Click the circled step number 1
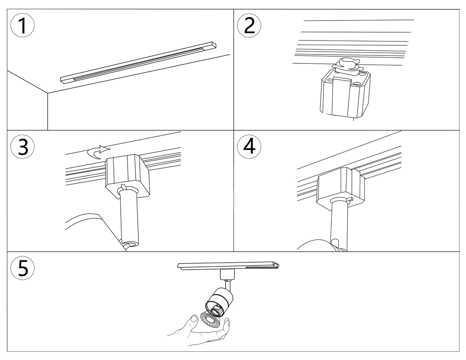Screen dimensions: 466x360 [22, 25]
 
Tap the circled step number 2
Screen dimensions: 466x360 [249, 25]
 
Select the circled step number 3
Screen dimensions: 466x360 [22, 146]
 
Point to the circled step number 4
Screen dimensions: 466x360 [249, 146]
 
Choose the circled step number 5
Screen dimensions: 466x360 [22, 268]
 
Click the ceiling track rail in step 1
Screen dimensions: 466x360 [138, 62]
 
